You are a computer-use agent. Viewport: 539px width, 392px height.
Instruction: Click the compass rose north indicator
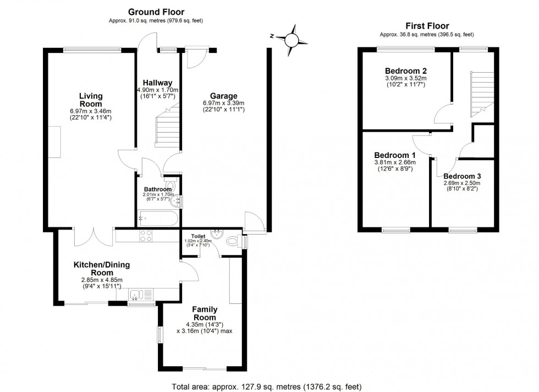291,39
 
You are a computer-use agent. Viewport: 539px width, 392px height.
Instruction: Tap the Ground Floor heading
156,12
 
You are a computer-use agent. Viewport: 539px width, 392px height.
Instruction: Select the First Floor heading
427,25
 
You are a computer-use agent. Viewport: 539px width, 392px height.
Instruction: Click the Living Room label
91,99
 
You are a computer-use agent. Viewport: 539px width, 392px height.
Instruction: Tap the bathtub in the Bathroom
157,220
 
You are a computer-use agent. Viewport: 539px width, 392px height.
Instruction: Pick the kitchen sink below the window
141,296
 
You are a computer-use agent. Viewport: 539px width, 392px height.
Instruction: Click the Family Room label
205,314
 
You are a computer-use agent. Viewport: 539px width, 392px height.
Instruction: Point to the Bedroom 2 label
406,71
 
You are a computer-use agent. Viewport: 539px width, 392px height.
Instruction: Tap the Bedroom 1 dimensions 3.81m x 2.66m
395,162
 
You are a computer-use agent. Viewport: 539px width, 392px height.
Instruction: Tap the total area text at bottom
267,386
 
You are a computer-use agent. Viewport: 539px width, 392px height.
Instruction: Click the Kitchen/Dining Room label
102,268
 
